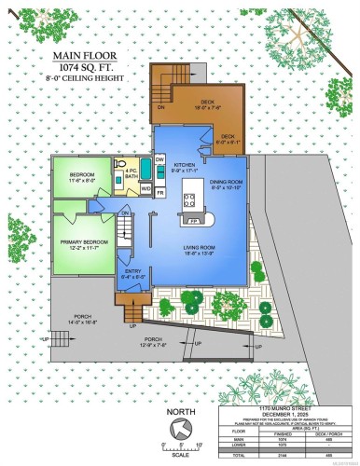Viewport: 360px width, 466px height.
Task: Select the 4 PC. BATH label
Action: (x=131, y=172)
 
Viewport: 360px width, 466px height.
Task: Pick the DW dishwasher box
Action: (x=159, y=160)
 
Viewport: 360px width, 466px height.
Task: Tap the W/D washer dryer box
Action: (x=145, y=189)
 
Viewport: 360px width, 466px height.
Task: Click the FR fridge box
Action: (x=159, y=192)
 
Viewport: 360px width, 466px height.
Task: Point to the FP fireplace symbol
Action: (x=194, y=222)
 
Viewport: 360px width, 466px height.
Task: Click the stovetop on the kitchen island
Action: (x=190, y=198)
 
